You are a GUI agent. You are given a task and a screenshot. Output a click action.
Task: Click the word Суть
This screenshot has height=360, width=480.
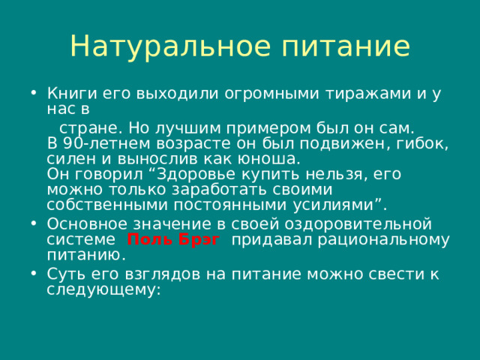[62, 274]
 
